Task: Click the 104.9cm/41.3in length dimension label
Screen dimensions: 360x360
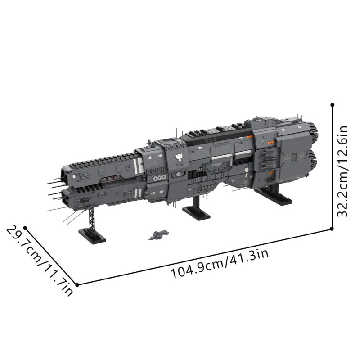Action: click(x=220, y=264)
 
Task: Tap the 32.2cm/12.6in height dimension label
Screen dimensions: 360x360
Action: click(x=342, y=171)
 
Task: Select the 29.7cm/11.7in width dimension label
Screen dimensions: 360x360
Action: click(x=40, y=261)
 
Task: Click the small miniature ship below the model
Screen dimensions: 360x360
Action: click(x=159, y=235)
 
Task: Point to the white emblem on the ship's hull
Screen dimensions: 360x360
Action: click(x=179, y=157)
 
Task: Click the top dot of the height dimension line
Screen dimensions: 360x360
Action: click(x=332, y=105)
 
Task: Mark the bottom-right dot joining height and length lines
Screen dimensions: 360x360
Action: click(x=332, y=229)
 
